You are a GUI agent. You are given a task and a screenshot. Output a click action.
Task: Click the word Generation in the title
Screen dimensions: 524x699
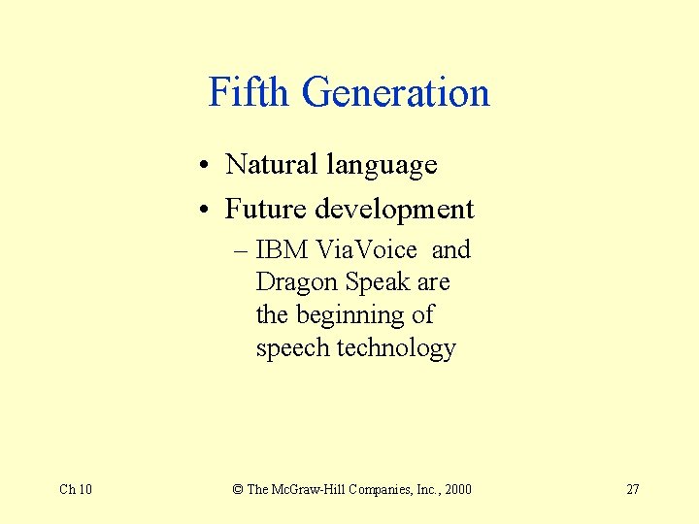click(x=395, y=93)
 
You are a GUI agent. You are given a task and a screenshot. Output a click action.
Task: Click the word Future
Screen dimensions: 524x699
click(x=261, y=209)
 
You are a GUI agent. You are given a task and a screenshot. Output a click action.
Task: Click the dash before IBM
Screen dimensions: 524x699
click(x=242, y=250)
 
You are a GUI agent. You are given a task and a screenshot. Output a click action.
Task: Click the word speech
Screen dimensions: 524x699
click(x=292, y=349)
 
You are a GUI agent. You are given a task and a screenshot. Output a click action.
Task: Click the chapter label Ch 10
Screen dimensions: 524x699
click(x=76, y=489)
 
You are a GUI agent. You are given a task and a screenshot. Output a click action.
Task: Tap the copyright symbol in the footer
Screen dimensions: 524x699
click(x=238, y=489)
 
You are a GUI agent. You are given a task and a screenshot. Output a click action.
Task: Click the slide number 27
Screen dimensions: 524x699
click(x=632, y=489)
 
